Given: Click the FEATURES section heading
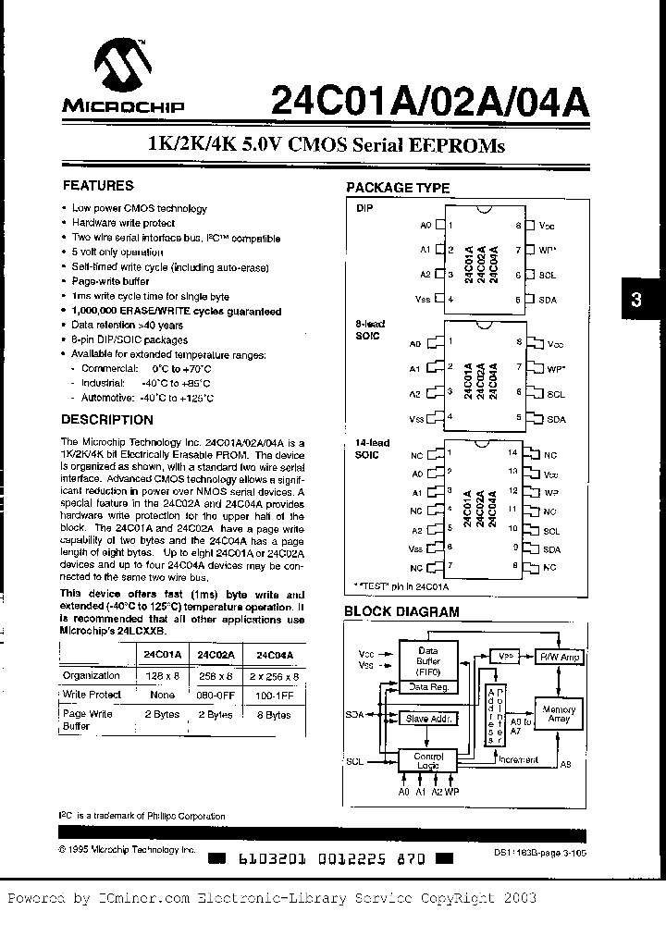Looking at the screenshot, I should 97,186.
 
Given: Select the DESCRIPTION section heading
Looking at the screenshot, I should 107,420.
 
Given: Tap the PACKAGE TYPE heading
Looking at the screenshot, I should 398,188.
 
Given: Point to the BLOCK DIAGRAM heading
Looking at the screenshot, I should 401,611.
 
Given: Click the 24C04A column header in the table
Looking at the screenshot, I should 275,654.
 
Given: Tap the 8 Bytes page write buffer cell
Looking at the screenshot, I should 273,714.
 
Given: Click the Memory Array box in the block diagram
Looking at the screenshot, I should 559,715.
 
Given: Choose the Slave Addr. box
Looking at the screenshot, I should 429,718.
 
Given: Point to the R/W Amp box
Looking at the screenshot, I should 559,656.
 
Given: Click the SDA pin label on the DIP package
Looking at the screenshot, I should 548,300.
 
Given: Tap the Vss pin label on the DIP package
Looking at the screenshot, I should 422,300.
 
